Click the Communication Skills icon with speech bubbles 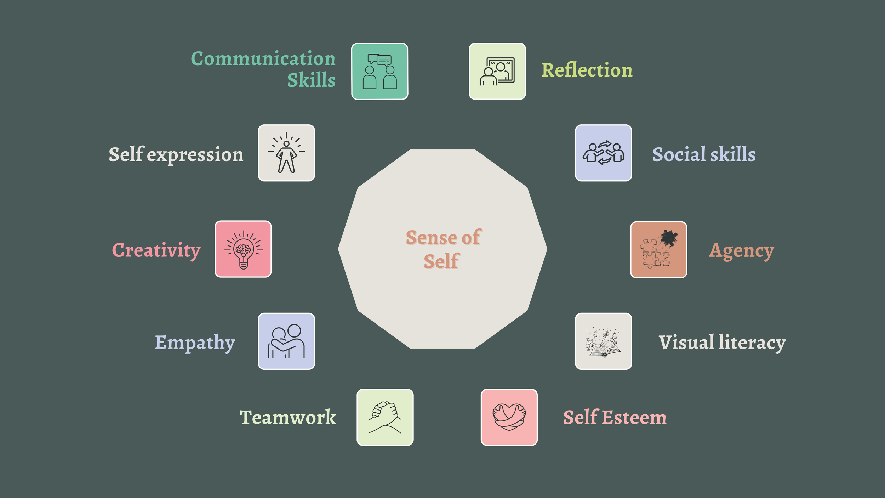pyautogui.click(x=379, y=72)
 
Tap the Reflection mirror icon pyautogui.click(x=497, y=71)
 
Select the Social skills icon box pyautogui.click(x=603, y=153)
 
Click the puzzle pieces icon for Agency pyautogui.click(x=658, y=250)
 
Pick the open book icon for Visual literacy pyautogui.click(x=603, y=341)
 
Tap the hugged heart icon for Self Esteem pyautogui.click(x=509, y=417)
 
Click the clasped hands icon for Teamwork pyautogui.click(x=385, y=417)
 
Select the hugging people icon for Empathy pyautogui.click(x=286, y=341)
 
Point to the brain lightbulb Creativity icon pyautogui.click(x=243, y=249)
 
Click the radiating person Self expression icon pyautogui.click(x=286, y=153)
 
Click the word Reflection pyautogui.click(x=587, y=70)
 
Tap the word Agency pyautogui.click(x=741, y=251)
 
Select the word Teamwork pyautogui.click(x=287, y=417)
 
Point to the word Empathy pyautogui.click(x=195, y=343)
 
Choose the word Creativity pyautogui.click(x=156, y=250)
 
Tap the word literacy pyautogui.click(x=752, y=343)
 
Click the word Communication pyautogui.click(x=263, y=59)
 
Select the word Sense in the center pyautogui.click(x=426, y=238)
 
